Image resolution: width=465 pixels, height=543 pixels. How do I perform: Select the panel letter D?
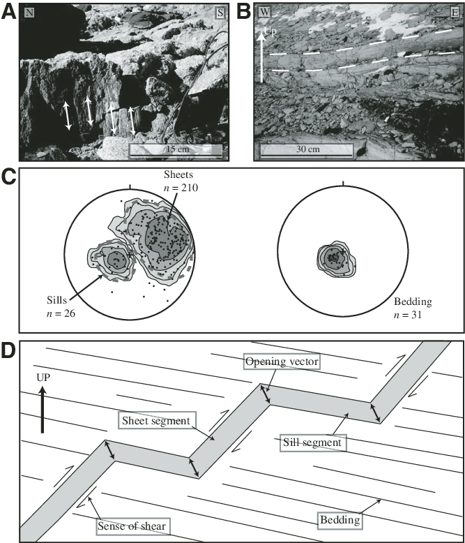(x=9, y=350)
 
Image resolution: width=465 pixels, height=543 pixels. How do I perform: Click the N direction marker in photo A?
(x=29, y=13)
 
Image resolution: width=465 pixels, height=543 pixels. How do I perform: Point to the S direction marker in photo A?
(x=220, y=13)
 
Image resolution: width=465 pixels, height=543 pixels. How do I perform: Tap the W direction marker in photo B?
(x=264, y=12)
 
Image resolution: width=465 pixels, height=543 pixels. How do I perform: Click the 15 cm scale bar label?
(x=175, y=149)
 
